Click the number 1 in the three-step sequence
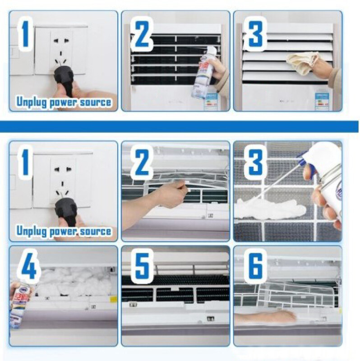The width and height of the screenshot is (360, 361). pos(26,33)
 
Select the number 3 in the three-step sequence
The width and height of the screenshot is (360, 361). pos(254,33)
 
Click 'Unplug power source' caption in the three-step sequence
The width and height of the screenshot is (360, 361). pos(64,102)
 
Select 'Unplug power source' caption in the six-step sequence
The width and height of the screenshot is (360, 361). pos(64,231)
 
